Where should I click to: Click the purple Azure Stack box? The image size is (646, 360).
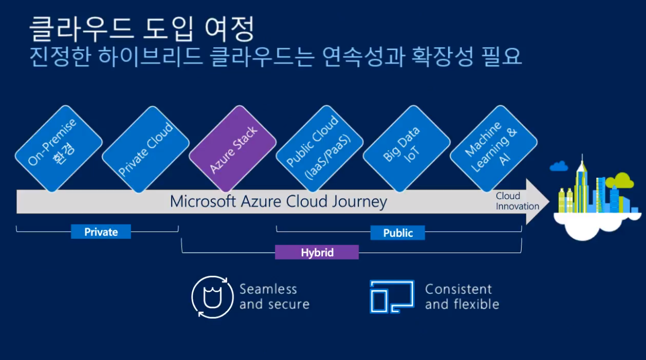point(233,148)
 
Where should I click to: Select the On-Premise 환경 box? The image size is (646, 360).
point(59,149)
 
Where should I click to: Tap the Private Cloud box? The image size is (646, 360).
point(146,149)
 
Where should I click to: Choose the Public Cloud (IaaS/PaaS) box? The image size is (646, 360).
point(319,149)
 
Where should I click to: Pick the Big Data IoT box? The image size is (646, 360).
point(407,149)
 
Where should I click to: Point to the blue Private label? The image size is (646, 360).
point(101,232)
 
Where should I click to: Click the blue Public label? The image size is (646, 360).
point(398,233)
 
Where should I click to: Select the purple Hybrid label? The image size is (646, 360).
point(317,253)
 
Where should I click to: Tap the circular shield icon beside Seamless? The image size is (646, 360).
point(212,297)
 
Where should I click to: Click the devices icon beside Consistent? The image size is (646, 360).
point(392,296)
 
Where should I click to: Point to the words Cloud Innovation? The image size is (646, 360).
point(517,201)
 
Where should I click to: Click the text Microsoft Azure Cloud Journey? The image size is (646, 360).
point(278,202)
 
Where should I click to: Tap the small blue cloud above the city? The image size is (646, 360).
point(559,167)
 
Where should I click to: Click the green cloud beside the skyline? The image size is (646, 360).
point(621,181)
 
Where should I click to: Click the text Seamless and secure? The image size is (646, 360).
point(274,296)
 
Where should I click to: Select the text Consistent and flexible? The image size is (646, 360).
point(462,296)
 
